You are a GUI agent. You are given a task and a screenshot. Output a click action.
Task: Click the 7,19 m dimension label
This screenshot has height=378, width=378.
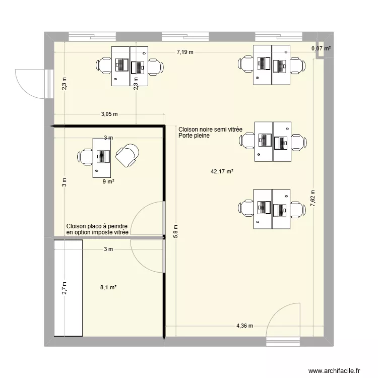coord(185,52)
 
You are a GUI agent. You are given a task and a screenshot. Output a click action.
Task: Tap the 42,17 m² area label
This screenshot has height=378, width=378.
coord(222,172)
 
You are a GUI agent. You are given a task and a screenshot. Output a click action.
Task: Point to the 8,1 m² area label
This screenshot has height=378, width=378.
coord(108,287)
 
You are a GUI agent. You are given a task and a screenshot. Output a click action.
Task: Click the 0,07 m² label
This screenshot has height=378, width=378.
coord(321,48)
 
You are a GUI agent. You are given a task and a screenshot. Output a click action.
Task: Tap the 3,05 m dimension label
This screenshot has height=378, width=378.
coord(109,114)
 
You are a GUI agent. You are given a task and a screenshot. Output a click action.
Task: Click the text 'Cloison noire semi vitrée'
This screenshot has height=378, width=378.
coord(210,130)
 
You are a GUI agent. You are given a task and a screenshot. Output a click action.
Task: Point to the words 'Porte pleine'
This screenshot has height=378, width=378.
coord(194,136)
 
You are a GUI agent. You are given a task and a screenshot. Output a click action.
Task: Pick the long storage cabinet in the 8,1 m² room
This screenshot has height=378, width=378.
coord(68,288)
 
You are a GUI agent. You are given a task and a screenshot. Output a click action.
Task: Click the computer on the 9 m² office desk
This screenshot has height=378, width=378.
coord(103,156)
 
